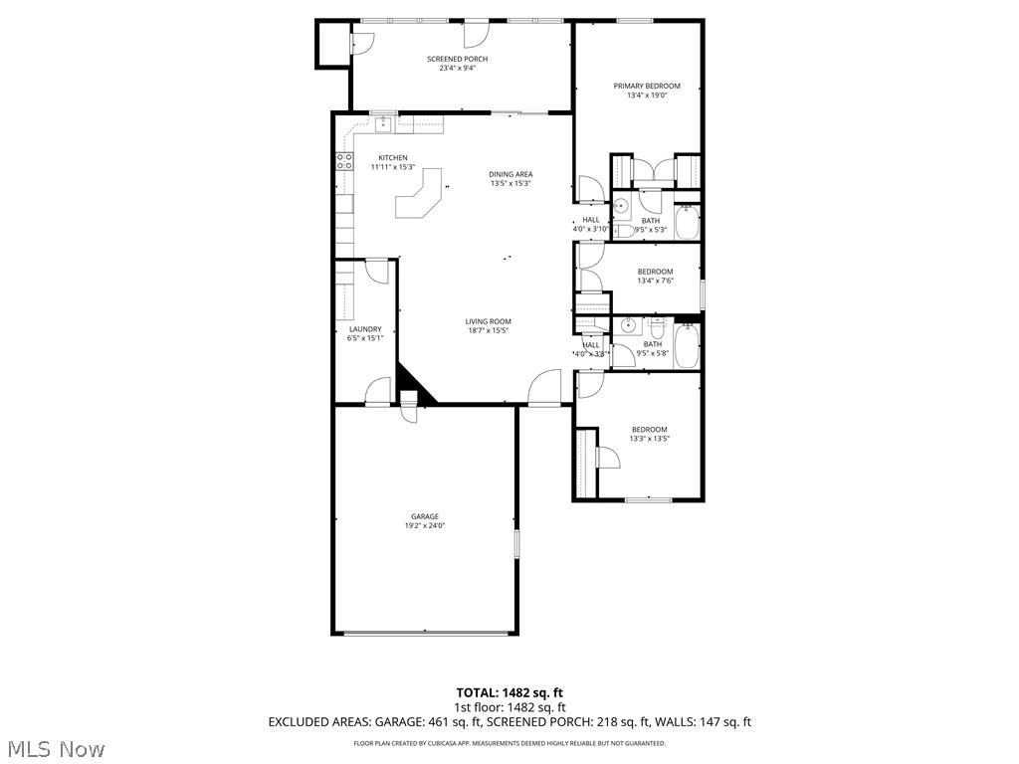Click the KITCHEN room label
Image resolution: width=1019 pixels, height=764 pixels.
(392, 158)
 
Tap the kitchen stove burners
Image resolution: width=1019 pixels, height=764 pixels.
(344, 161)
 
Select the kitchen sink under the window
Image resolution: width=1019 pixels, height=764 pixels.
(382, 123)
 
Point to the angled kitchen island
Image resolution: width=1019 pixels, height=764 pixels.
(419, 193)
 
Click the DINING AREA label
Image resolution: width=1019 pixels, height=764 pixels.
(510, 174)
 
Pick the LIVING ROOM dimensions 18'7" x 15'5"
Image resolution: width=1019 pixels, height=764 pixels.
(489, 330)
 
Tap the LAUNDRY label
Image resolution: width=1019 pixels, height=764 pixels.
(365, 329)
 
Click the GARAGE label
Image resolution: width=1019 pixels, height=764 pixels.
(425, 516)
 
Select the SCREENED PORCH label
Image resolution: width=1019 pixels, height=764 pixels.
(458, 59)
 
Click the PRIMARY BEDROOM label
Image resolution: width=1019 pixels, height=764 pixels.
(640, 87)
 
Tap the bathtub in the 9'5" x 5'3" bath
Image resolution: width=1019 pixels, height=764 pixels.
(688, 222)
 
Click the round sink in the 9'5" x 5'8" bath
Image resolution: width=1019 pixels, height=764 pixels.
(629, 325)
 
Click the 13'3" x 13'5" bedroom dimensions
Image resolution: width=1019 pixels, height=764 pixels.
(649, 438)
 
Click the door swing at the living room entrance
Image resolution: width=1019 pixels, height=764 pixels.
(546, 388)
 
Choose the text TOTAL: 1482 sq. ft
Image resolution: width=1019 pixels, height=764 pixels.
(509, 692)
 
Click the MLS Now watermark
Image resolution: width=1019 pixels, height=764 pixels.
(56, 747)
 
